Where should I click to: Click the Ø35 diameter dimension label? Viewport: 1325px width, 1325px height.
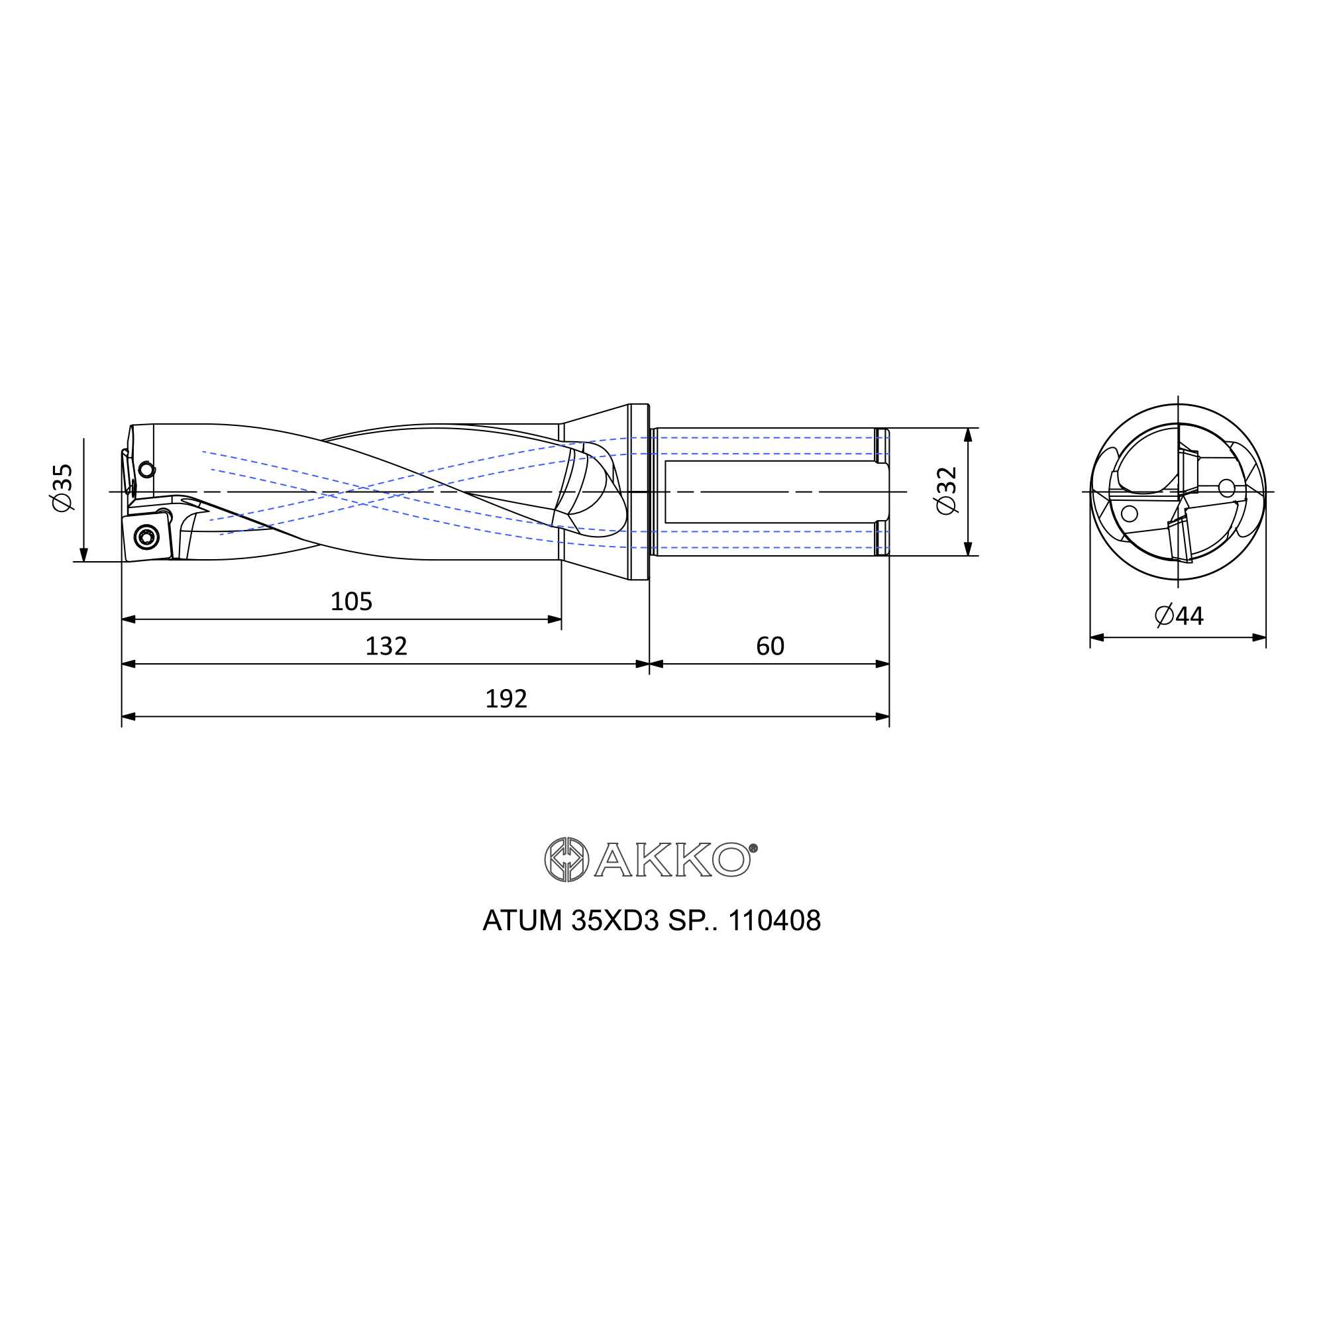62,488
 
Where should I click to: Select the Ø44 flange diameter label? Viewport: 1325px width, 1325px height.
1179,616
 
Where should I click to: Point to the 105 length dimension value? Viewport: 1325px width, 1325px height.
351,602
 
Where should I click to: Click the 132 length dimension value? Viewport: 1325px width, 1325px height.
386,646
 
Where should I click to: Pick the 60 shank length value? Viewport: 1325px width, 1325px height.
770,646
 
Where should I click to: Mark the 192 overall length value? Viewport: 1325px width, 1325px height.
506,699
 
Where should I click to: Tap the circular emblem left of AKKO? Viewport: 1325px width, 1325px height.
566,859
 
